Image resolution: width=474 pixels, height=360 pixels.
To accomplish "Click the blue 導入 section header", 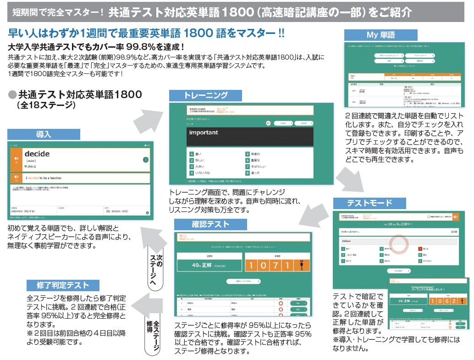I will [x=44, y=134].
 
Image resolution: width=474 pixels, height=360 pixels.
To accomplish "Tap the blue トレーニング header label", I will [x=205, y=95].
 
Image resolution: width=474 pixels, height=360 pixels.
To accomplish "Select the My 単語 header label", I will [x=380, y=35].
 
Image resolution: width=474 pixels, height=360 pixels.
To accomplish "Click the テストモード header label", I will [x=369, y=203].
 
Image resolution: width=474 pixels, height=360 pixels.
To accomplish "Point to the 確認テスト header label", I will [x=210, y=224].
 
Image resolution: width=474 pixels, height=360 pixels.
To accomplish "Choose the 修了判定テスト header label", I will [x=64, y=285].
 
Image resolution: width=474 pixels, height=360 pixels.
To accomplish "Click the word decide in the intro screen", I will [x=37, y=154].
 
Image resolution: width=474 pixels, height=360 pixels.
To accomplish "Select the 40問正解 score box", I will [x=209, y=265].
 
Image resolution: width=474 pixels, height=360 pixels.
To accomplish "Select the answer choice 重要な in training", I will [x=256, y=161].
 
